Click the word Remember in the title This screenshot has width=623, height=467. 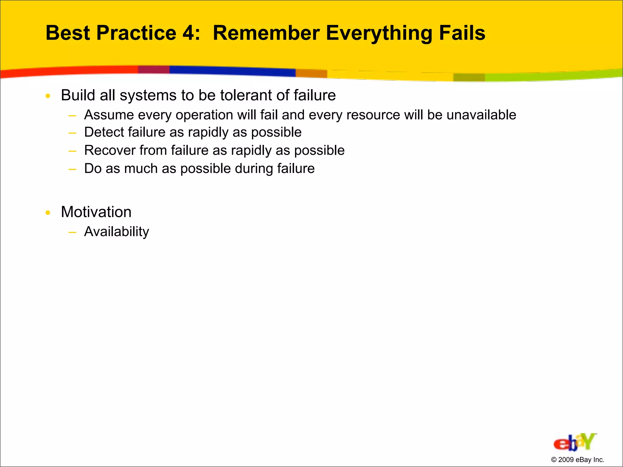coord(266,33)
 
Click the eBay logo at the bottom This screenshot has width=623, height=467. coord(574,442)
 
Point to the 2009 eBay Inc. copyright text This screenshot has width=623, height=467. coord(577,460)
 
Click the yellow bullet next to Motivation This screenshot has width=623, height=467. coord(48,213)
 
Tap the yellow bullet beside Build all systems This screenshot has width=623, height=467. coord(48,96)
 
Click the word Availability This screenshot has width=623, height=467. coord(117,232)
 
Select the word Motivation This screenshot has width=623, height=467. coord(96,212)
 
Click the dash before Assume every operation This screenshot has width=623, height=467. coord(72,116)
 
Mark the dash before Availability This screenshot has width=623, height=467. coord(72,233)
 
